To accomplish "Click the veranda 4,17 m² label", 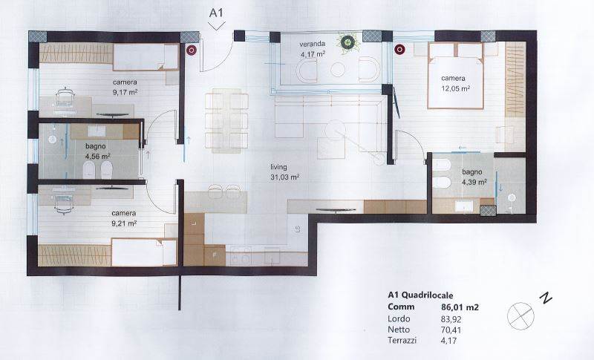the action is coord(313,49).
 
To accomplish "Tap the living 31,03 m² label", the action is coord(285,171).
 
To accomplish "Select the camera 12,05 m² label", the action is coord(455,83).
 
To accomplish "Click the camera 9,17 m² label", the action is coord(125,87).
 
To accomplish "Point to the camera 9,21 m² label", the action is coord(124,218).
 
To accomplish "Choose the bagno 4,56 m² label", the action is coord(97,151).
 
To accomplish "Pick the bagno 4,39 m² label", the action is coord(474,177).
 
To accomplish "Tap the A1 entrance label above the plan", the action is coord(216,13).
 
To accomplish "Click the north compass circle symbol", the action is coord(520,315).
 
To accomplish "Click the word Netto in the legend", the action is coord(399,330).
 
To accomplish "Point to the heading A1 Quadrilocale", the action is coord(420,295).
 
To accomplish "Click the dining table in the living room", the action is coord(226,120).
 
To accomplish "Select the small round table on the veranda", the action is coord(338,69).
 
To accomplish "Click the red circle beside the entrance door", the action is coord(192,50).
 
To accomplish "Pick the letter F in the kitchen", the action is coord(215,255).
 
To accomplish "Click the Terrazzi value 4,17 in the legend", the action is coord(449,340).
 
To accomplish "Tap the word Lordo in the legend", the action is coord(399,318).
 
